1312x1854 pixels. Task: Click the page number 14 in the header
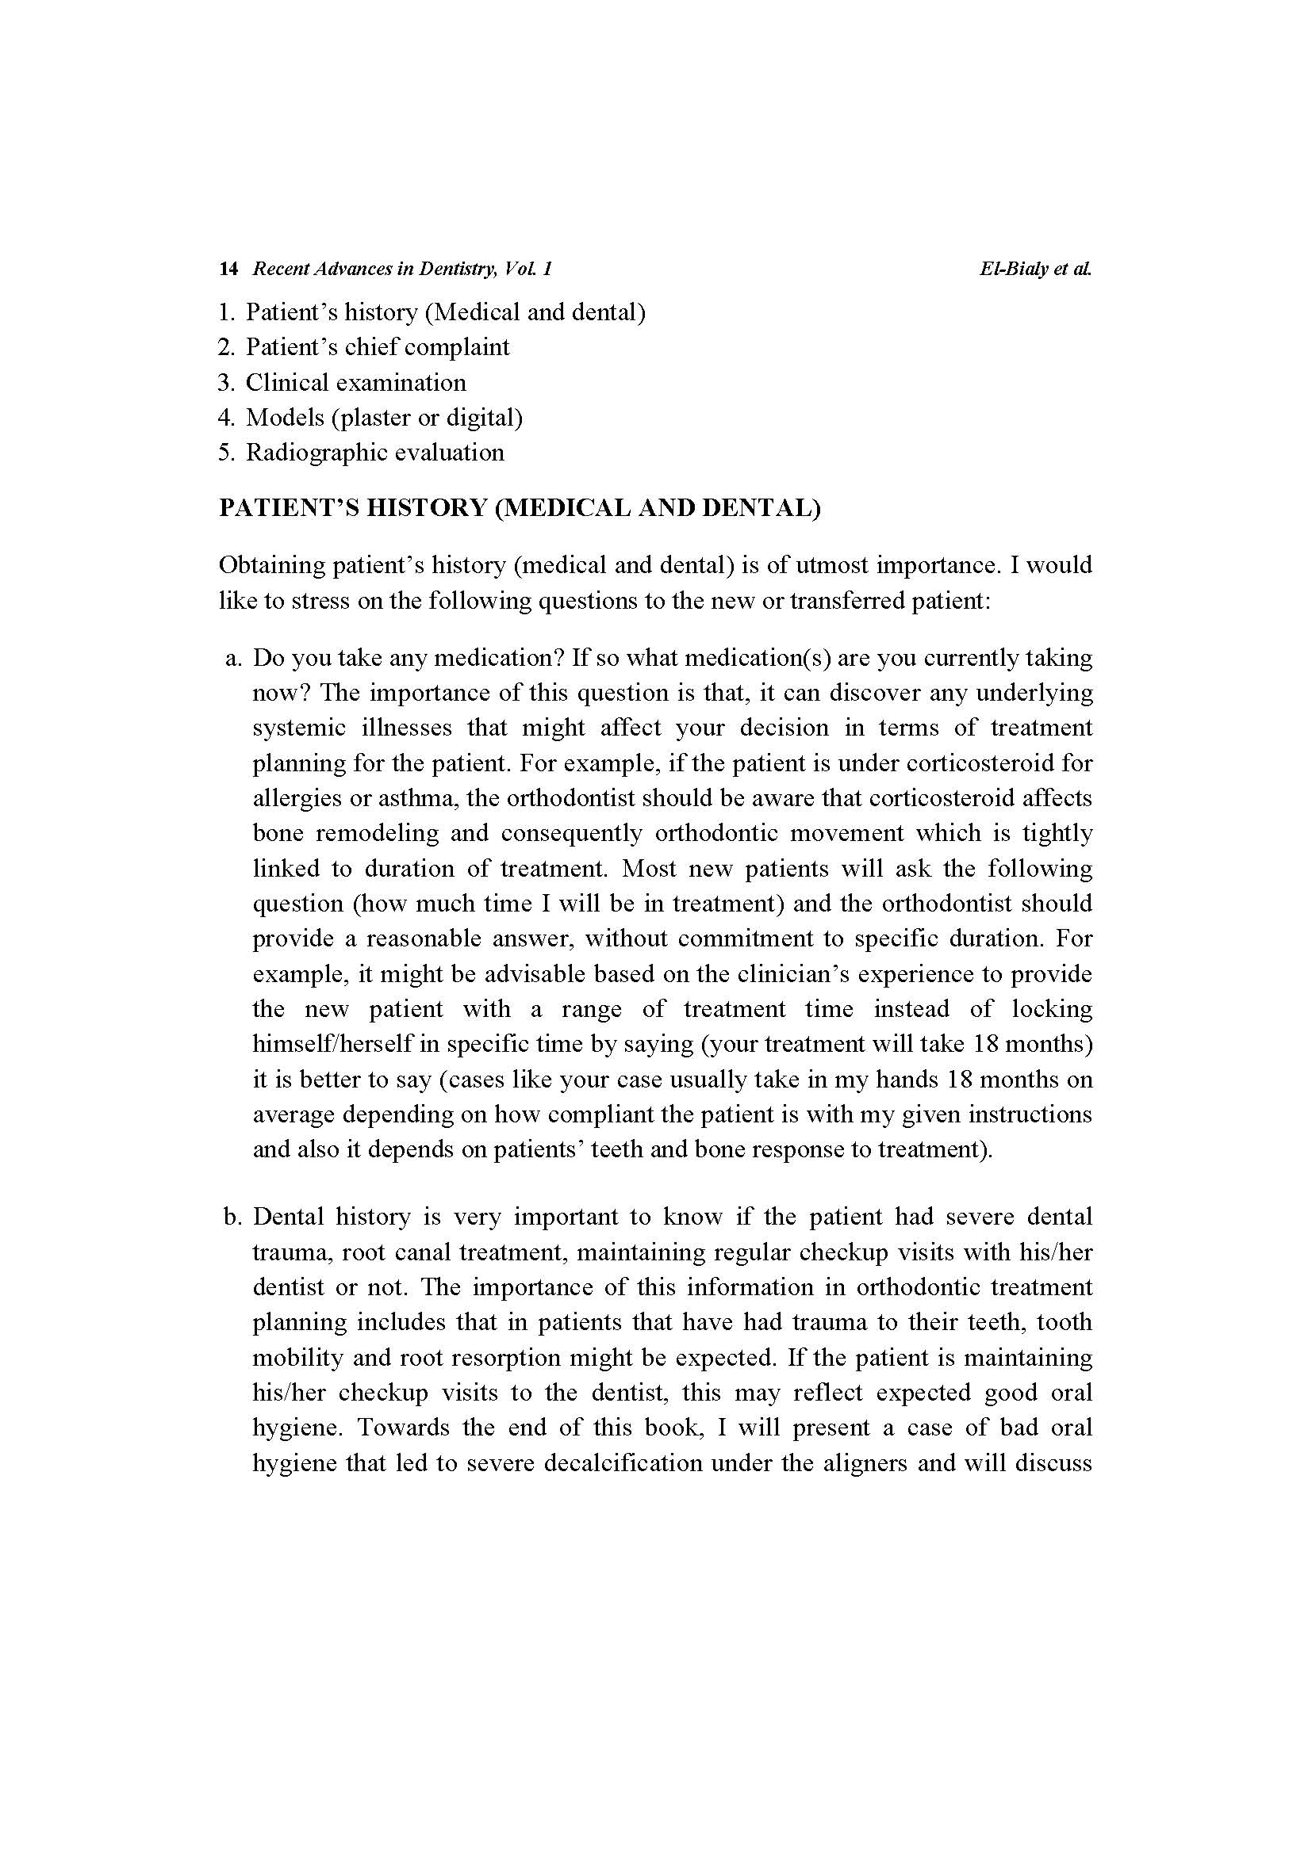[228, 269]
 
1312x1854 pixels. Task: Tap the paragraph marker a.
[234, 658]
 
